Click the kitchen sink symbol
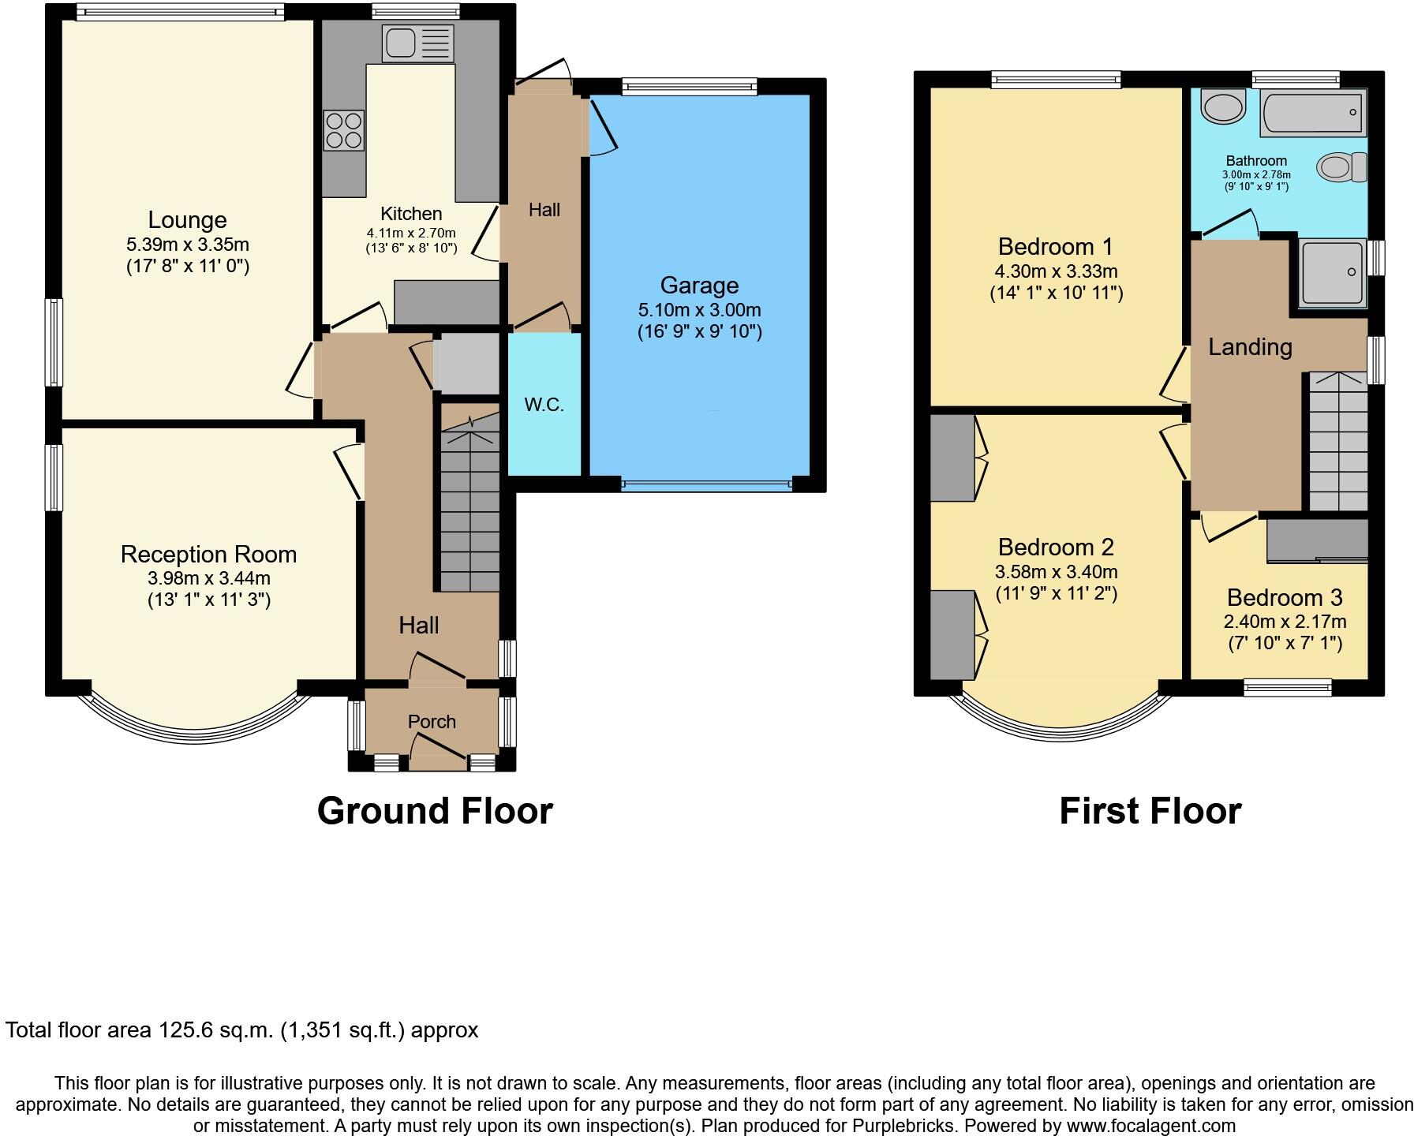(417, 43)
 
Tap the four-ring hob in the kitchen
(344, 130)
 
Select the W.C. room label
(544, 405)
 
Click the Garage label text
(699, 285)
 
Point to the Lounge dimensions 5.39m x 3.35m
(188, 245)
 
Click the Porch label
(432, 721)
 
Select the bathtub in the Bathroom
(1313, 112)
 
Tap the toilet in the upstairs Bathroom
(1341, 166)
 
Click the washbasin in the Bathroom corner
(1221, 106)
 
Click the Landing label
(1250, 347)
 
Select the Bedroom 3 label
(1285, 597)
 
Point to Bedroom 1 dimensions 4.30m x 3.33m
(1056, 271)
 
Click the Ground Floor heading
(435, 810)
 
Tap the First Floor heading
(1150, 810)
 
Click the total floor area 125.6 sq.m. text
(241, 1029)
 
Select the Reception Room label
(208, 554)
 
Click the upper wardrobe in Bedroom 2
(952, 458)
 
